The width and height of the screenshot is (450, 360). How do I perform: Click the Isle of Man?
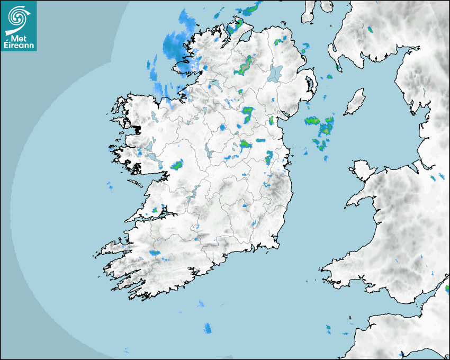pos(355,102)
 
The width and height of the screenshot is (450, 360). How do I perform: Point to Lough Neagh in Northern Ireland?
pos(276,73)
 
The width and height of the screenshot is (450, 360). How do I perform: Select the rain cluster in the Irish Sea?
pos(320,130)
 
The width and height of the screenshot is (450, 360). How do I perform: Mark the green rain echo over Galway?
pos(177,166)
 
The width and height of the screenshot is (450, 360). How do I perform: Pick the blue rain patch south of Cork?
pos(208,328)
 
